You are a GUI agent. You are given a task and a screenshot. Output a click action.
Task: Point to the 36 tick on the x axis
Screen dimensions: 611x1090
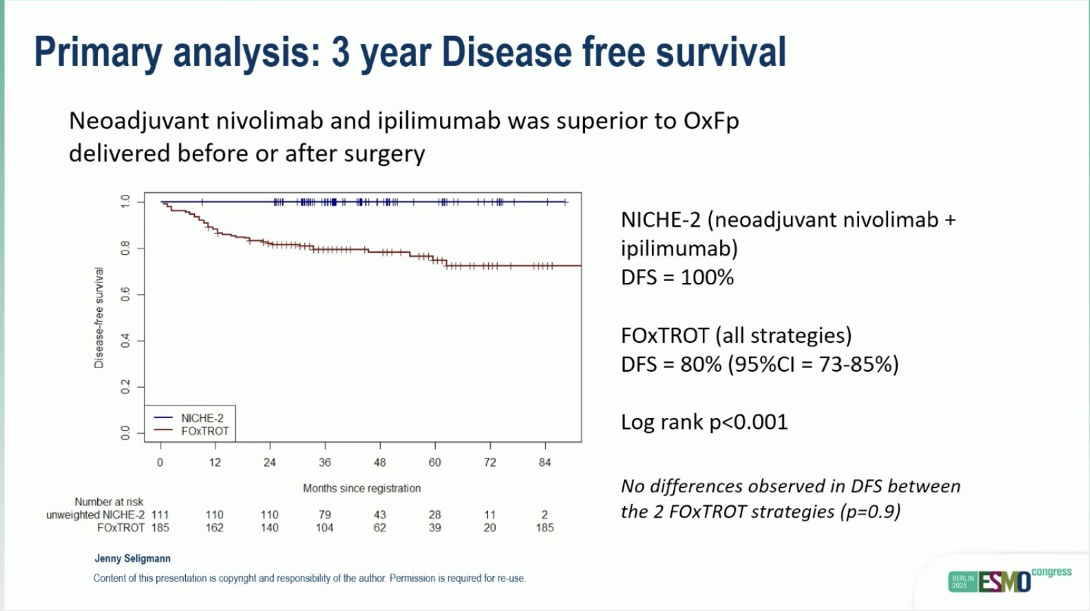(325, 462)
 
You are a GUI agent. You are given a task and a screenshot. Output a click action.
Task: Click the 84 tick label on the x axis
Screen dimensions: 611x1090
(544, 462)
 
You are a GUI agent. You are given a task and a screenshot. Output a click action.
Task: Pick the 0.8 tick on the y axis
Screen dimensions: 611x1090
(126, 248)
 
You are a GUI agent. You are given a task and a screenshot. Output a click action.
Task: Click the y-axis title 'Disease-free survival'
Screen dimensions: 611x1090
(99, 317)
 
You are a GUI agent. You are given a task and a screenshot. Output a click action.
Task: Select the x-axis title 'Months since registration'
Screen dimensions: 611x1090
(362, 488)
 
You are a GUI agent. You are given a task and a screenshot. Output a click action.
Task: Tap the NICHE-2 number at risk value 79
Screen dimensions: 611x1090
(325, 515)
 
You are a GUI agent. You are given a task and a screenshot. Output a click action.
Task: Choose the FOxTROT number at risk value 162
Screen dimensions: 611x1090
(215, 527)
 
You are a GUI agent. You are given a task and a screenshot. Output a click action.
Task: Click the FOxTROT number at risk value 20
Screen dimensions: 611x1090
(489, 527)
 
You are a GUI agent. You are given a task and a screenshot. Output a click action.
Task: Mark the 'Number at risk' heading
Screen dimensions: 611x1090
(109, 502)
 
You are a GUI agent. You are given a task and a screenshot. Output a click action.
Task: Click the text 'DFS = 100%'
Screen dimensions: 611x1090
(677, 277)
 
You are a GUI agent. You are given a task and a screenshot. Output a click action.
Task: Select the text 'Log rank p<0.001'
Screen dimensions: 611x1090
(704, 422)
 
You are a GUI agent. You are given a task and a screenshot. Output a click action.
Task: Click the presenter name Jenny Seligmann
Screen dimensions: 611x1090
(132, 558)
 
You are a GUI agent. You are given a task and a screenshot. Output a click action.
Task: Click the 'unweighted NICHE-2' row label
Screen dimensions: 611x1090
(96, 515)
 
